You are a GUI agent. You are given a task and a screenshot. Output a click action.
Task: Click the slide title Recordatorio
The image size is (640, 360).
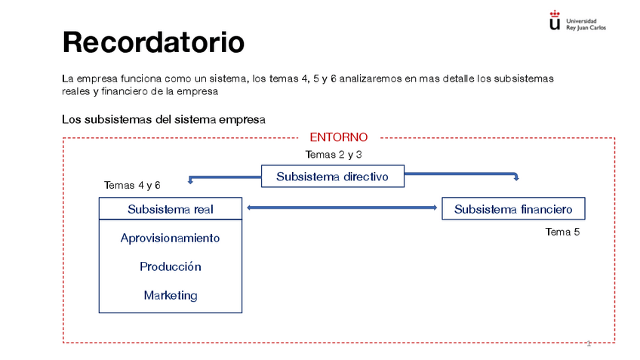153,42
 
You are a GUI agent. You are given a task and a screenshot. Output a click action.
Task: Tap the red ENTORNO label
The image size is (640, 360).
339,137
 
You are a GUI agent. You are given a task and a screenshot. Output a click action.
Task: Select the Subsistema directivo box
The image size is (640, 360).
333,177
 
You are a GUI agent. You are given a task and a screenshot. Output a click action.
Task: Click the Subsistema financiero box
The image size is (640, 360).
513,208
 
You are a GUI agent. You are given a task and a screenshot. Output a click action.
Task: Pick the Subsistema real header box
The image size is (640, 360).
171,208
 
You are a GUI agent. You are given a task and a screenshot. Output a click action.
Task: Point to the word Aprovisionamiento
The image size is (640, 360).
171,238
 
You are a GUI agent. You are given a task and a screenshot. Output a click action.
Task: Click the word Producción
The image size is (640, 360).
171,266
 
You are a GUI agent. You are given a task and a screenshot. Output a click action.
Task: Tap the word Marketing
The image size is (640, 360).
171,295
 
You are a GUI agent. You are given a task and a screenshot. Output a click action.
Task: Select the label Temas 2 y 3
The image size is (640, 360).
334,154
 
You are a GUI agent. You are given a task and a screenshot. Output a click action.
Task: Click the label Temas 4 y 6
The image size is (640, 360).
132,186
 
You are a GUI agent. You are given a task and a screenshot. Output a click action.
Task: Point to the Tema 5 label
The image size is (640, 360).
562,232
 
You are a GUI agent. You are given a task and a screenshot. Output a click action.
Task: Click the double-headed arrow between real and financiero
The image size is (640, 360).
342,208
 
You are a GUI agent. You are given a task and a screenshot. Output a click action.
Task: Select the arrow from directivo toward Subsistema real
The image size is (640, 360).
225,177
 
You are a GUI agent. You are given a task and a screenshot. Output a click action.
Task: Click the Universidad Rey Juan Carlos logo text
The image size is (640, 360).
586,24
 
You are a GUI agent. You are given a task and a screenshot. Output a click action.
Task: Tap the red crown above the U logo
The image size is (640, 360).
555,14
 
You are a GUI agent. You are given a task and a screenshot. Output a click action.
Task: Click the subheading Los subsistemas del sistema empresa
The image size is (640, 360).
164,119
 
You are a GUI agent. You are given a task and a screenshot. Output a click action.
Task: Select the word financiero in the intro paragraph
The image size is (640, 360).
125,91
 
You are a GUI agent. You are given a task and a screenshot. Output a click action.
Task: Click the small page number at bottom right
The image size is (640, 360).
589,343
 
